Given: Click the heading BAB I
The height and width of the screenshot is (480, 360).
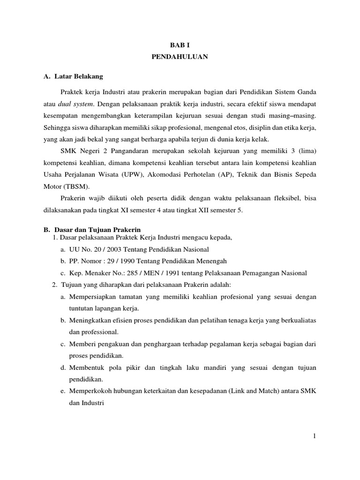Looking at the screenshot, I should (x=180, y=44).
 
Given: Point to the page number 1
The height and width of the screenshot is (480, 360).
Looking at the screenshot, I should (x=315, y=436).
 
